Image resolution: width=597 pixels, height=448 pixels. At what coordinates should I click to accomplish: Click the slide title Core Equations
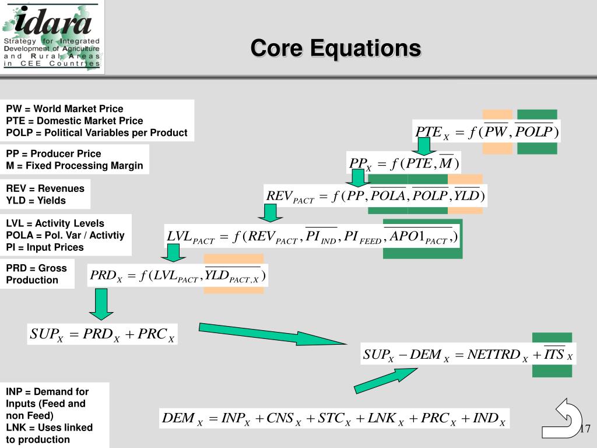click(335, 48)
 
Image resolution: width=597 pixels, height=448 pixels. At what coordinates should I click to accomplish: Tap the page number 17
click(585, 429)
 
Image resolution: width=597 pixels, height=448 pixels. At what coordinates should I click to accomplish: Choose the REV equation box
click(375, 195)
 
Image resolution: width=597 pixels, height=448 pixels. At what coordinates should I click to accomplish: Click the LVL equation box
click(311, 236)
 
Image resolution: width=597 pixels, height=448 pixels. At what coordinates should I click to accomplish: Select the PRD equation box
click(178, 276)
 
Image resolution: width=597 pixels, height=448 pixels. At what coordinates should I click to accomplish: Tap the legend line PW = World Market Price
click(65, 109)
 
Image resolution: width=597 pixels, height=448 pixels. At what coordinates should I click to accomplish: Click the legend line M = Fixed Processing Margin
click(74, 166)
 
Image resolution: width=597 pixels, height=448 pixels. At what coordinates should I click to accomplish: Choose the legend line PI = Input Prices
click(45, 247)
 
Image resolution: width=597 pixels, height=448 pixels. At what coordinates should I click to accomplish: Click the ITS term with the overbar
click(553, 353)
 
